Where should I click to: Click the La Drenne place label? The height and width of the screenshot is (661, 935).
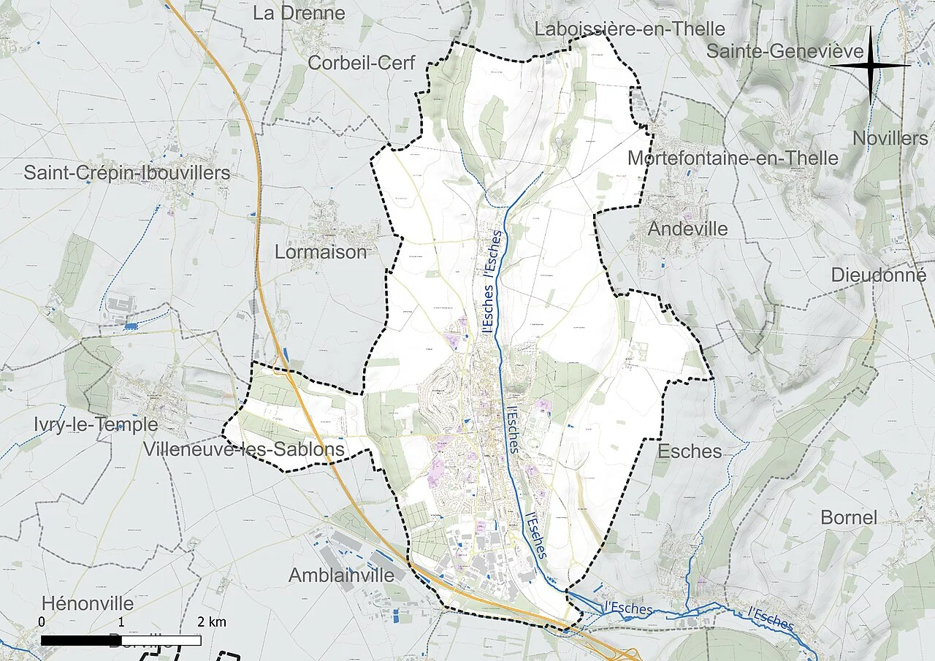[x=299, y=13]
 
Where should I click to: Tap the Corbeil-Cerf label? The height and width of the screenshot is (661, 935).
[x=361, y=63]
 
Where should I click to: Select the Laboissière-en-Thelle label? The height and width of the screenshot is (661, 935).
[x=630, y=29]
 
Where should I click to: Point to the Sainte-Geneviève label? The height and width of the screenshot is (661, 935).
[x=785, y=51]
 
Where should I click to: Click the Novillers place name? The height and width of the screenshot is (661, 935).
[x=890, y=138]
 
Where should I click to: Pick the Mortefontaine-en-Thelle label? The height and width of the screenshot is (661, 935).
[x=733, y=158]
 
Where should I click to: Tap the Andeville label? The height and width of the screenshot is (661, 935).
[x=687, y=229]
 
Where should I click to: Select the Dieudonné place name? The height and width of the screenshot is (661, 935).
[x=878, y=275]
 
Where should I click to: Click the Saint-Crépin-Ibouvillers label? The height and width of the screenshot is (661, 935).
[x=126, y=173]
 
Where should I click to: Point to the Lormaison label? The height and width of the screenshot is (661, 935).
[x=320, y=252]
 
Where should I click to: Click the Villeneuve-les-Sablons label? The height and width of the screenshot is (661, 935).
[x=244, y=449]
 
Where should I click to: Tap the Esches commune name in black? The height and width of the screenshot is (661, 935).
[x=690, y=451]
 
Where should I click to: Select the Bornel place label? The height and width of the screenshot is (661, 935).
[x=848, y=517]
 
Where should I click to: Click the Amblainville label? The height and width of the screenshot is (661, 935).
[x=341, y=575]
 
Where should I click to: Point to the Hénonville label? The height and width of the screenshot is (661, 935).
[x=88, y=604]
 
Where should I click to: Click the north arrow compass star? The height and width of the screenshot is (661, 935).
[x=871, y=66]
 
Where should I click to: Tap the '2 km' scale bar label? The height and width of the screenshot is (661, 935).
[x=212, y=622]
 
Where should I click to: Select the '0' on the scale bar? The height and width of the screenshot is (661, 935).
[x=42, y=622]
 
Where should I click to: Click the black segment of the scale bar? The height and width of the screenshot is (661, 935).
[x=80, y=641]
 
